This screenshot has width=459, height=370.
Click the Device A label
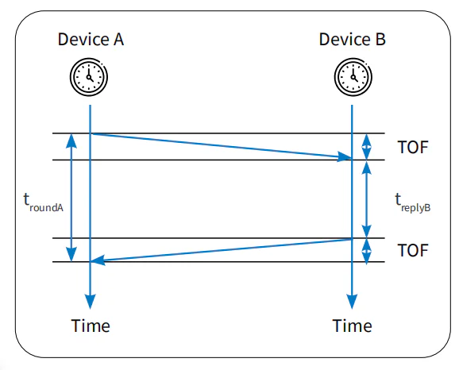[x=91, y=39]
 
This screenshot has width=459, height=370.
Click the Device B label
[x=352, y=39]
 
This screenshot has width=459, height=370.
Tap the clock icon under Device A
[x=89, y=77]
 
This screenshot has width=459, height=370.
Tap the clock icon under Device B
[x=353, y=77]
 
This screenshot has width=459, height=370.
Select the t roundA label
[x=44, y=202]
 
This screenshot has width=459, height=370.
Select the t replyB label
[x=413, y=202]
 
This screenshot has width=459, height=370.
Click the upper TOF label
[x=413, y=147]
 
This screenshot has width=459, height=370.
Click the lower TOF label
[x=413, y=250]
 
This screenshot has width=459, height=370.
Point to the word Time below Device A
[x=91, y=326]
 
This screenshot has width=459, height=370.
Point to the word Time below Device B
[x=352, y=326]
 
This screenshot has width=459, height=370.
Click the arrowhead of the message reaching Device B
[x=345, y=156]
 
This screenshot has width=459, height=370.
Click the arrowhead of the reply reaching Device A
[x=98, y=260]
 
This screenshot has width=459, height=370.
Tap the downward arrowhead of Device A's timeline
[x=91, y=302]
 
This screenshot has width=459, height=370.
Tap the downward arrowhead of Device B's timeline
[x=352, y=302]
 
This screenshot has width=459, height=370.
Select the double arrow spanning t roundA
[x=71, y=197]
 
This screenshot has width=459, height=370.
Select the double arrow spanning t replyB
[x=367, y=199]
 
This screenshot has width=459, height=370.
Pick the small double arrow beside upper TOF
[x=367, y=147]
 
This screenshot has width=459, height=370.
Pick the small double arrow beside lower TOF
[x=367, y=250]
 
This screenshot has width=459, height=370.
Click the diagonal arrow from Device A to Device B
[x=222, y=145]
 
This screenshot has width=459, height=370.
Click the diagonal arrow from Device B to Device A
[x=222, y=250]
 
